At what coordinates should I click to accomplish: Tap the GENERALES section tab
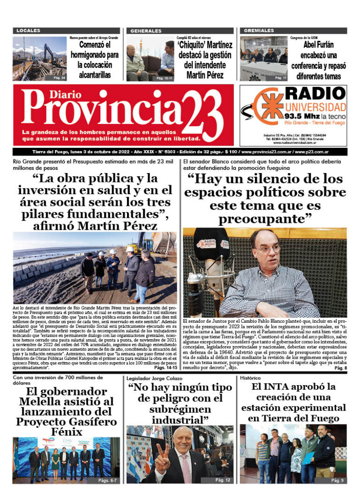(146, 30)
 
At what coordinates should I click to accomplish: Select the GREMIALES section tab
(259, 30)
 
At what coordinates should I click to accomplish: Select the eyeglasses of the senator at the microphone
(267, 248)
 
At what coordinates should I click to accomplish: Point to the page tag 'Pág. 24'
(60, 77)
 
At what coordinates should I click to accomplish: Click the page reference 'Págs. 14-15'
(161, 369)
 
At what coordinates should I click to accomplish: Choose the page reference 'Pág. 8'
(340, 369)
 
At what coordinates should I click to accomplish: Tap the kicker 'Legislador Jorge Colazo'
(156, 378)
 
